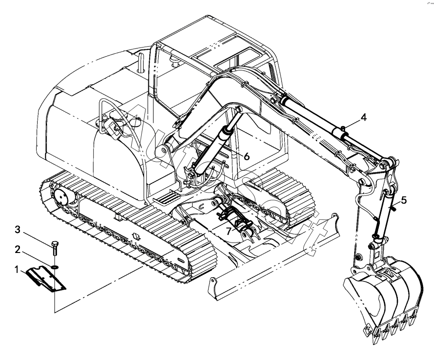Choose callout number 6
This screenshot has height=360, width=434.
247,156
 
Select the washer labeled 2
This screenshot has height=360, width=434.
55,267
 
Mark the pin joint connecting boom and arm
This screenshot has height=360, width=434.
363,182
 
